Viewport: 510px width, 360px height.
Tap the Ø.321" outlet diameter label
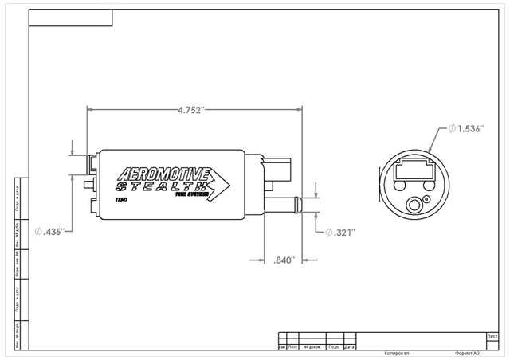[339, 232]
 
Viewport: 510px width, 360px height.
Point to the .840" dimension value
[284, 260]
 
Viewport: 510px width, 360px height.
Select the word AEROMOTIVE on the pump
[163, 174]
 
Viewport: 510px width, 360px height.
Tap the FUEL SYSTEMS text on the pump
[191, 194]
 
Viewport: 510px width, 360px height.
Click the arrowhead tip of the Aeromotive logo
[230, 186]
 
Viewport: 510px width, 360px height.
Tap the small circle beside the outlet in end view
[426, 198]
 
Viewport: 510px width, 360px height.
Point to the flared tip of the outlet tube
[299, 204]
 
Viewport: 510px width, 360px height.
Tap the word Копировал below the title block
[396, 351]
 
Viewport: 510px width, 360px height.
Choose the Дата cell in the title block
[350, 347]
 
